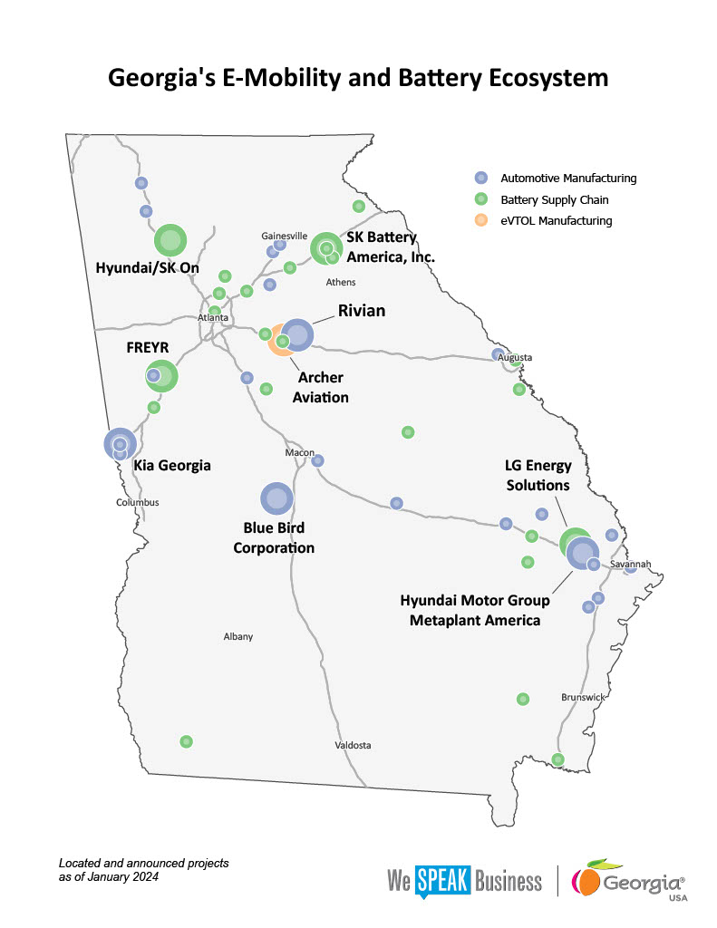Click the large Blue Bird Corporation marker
click(x=276, y=498)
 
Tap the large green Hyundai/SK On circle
click(x=170, y=240)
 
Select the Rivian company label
click(x=361, y=311)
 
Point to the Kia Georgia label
click(x=172, y=465)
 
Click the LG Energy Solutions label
click(x=538, y=475)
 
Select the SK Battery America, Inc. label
click(x=390, y=247)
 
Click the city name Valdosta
click(x=354, y=745)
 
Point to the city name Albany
click(x=237, y=636)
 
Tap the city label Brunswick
click(x=582, y=698)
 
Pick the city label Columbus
click(x=137, y=502)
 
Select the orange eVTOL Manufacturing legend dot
click(x=481, y=220)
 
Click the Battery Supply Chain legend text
click(x=554, y=199)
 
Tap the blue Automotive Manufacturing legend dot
click(x=481, y=178)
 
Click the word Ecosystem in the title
click(x=533, y=78)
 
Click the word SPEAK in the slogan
click(x=443, y=881)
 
